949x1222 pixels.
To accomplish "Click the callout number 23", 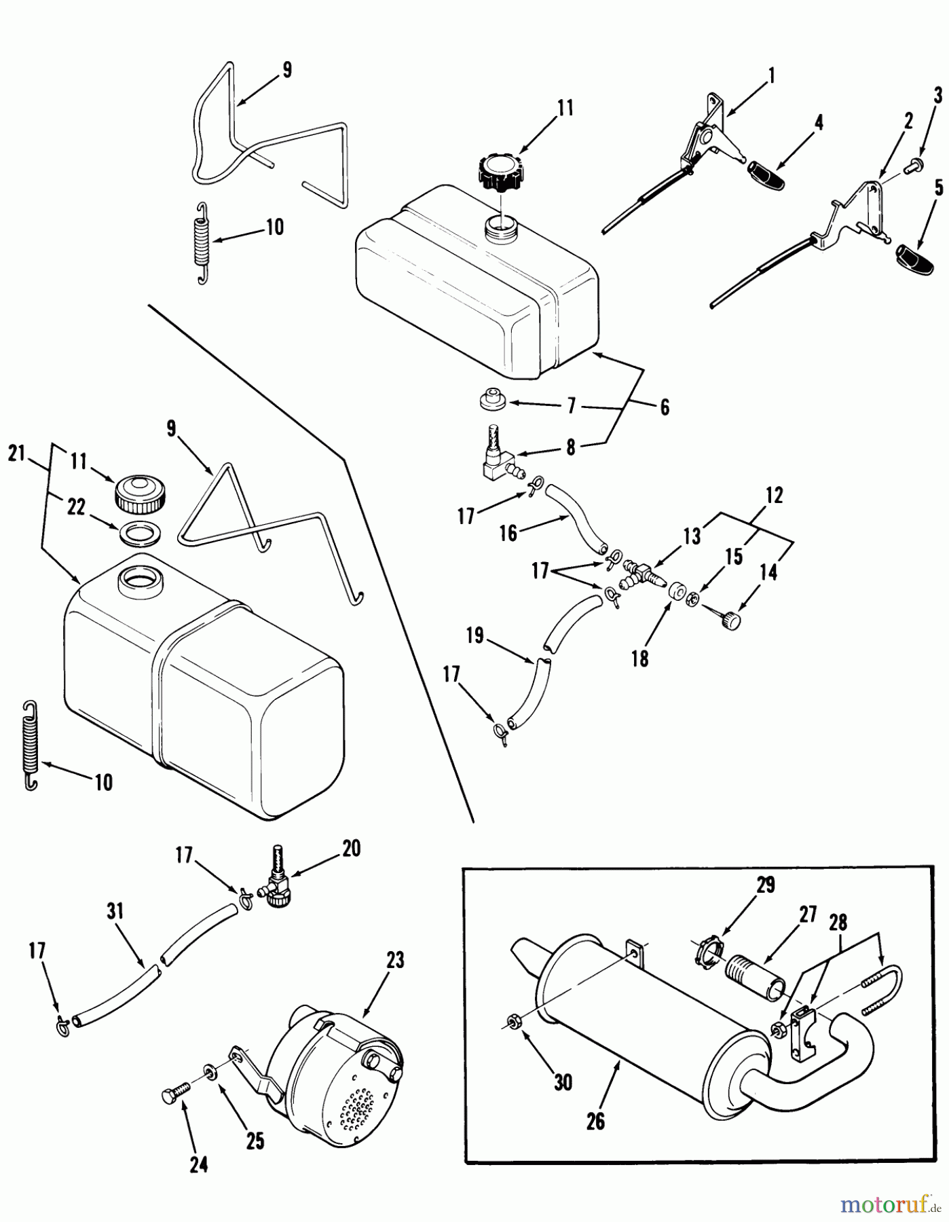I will pyautogui.click(x=394, y=960).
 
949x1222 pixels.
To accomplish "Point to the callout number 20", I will pyautogui.click(x=352, y=848).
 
